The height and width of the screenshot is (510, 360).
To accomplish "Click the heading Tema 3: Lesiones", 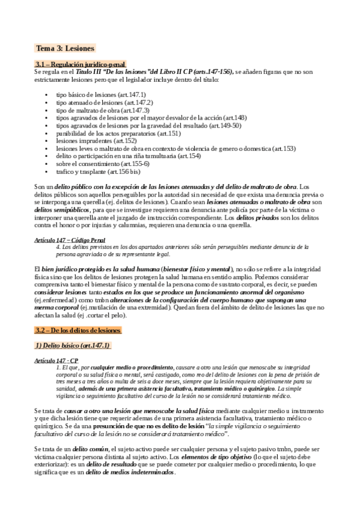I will (65, 48).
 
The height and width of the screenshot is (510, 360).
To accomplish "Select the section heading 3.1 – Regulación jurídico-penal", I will (81, 64).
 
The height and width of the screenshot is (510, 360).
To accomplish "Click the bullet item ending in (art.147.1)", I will (100, 94).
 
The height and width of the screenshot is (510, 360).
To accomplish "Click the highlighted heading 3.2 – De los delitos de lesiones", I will (78, 330).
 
